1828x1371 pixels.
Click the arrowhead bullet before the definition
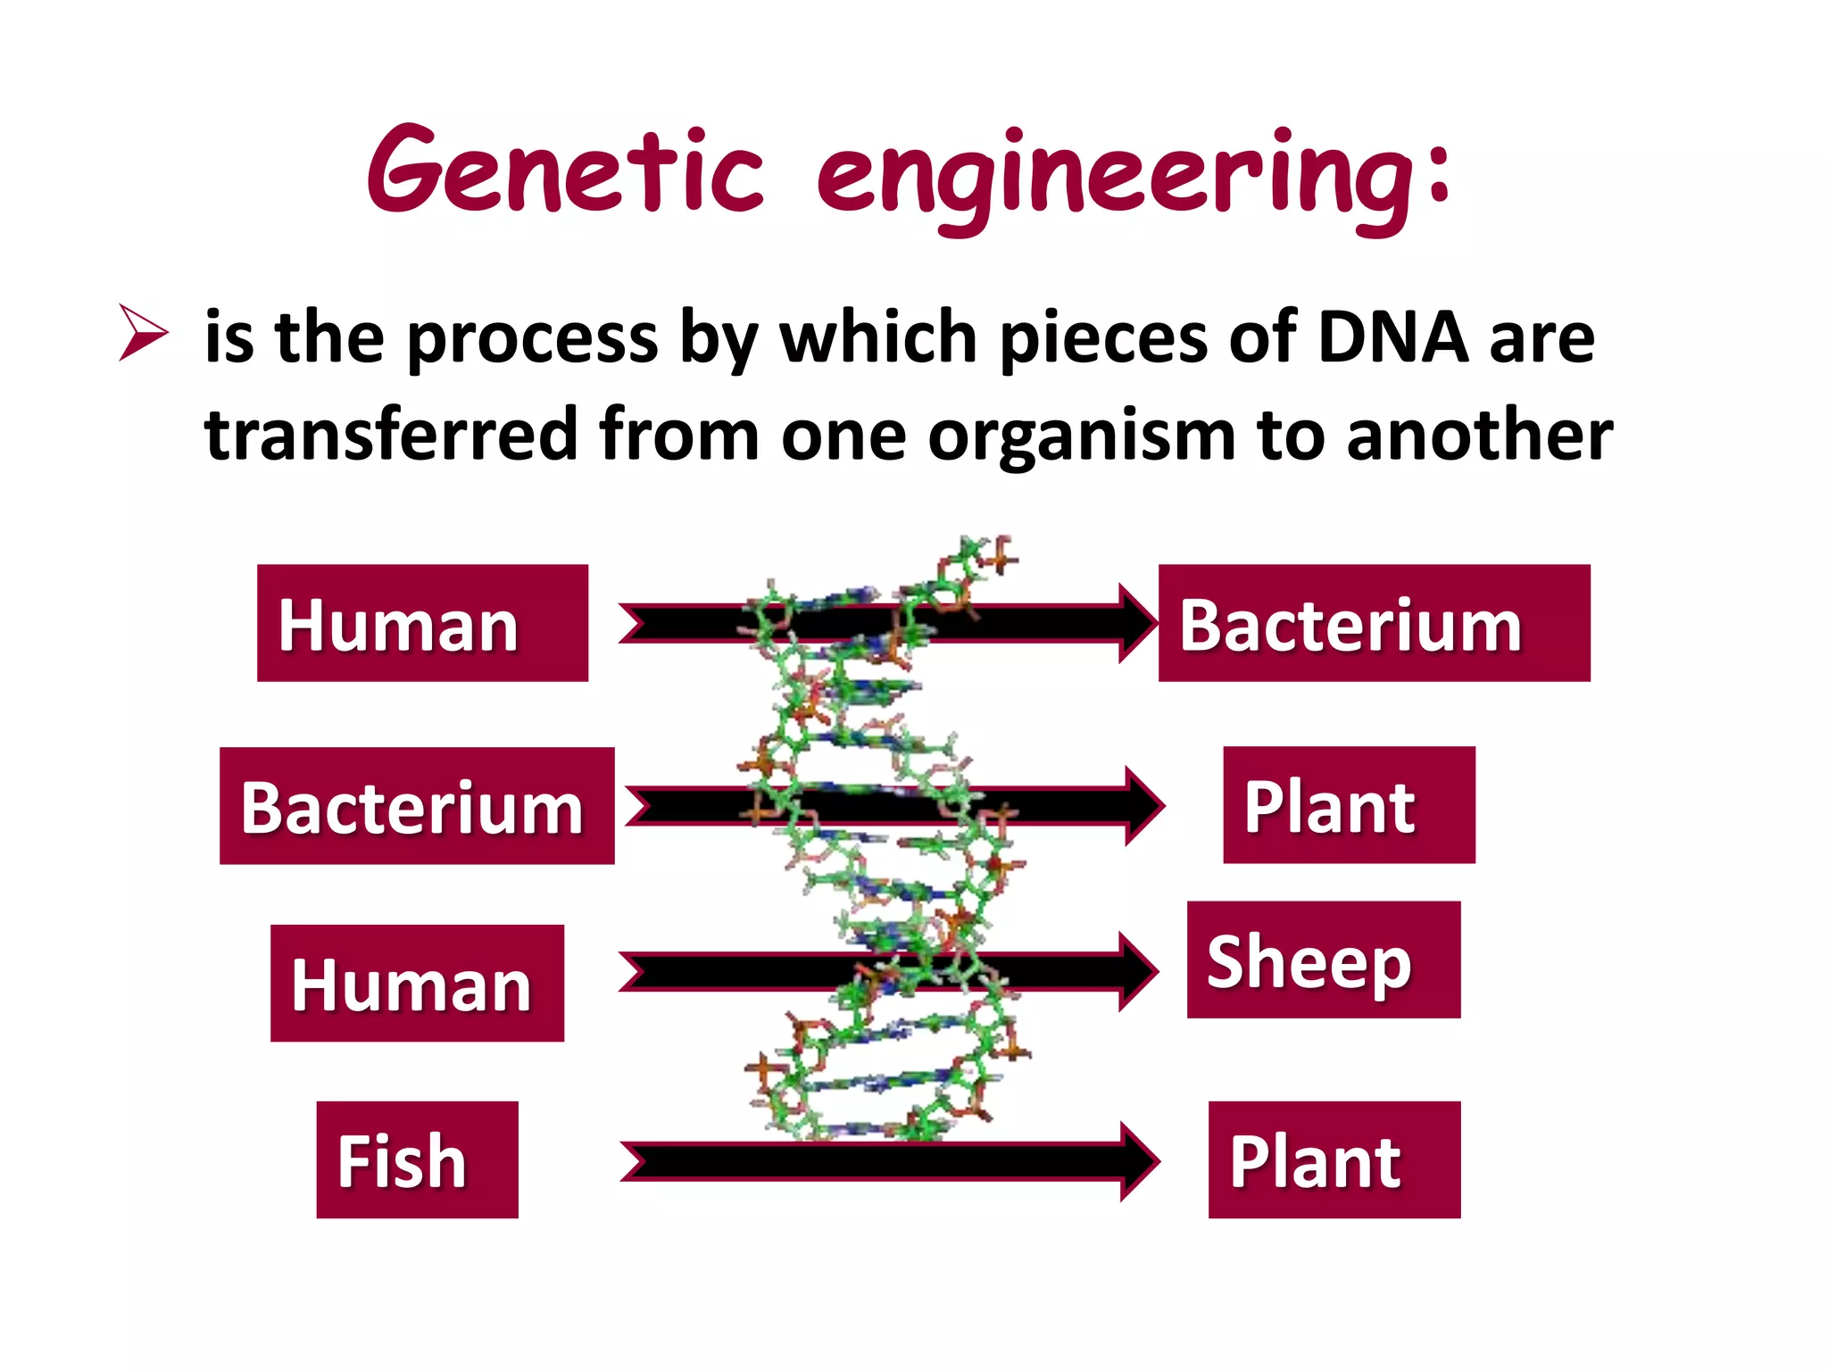point(143,332)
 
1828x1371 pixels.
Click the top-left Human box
point(422,623)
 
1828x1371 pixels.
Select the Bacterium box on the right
point(1374,623)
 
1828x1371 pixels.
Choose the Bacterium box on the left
point(417,806)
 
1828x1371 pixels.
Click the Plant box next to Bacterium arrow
point(1348,805)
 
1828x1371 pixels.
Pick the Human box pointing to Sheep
point(417,983)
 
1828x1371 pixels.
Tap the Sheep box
point(1323,960)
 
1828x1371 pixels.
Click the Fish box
point(417,1159)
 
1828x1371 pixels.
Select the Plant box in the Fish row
point(1334,1159)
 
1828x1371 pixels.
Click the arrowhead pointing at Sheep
point(1137,971)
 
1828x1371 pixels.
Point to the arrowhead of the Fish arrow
point(1139,1161)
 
